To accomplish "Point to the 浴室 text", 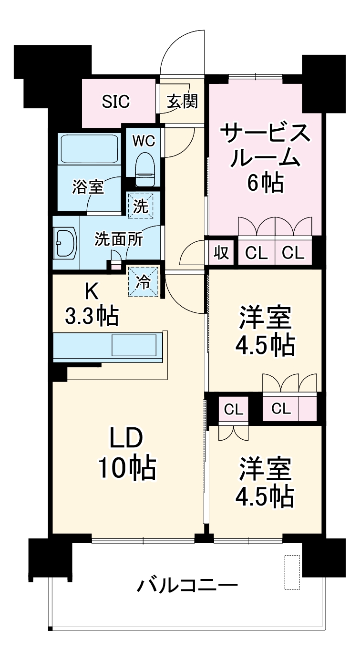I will point(88,187).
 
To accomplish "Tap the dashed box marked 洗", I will point(140,206).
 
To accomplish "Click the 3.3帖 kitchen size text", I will point(92,315).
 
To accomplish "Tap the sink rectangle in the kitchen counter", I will point(134,344).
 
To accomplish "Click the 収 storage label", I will point(221,252).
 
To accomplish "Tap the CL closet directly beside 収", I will point(256,252).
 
